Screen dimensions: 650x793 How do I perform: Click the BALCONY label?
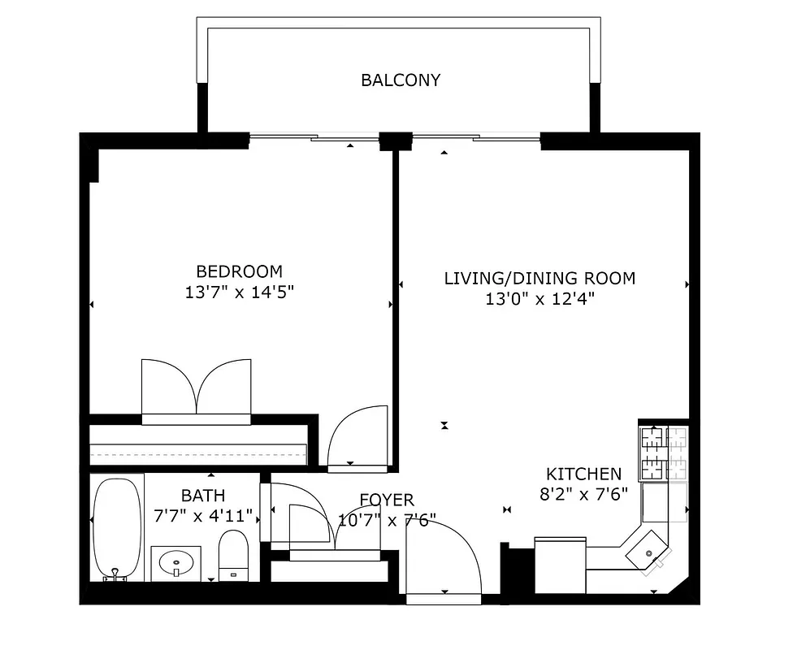coord(401,80)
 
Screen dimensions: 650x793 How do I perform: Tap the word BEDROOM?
coord(239,271)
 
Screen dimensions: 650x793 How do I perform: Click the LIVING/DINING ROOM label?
coord(539,278)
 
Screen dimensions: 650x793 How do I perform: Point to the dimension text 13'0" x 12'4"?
coord(539,299)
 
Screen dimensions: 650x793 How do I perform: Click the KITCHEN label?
coord(583,474)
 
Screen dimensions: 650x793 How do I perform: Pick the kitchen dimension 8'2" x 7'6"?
coord(583,495)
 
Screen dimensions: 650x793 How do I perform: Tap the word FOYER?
coord(387,500)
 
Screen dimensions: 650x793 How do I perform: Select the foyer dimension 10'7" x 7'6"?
coord(387,520)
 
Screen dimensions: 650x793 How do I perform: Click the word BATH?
coord(203,495)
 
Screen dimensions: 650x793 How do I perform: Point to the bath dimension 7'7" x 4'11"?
coord(203,515)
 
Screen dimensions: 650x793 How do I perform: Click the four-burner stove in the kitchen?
coord(664,453)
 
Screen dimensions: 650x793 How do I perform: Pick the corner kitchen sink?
coord(648,552)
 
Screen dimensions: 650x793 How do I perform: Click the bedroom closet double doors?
coord(197,390)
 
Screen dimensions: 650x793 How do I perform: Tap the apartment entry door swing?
coord(443,561)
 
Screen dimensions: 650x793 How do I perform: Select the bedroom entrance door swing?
coord(358,439)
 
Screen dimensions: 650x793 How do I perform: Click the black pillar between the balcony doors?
coord(396,141)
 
